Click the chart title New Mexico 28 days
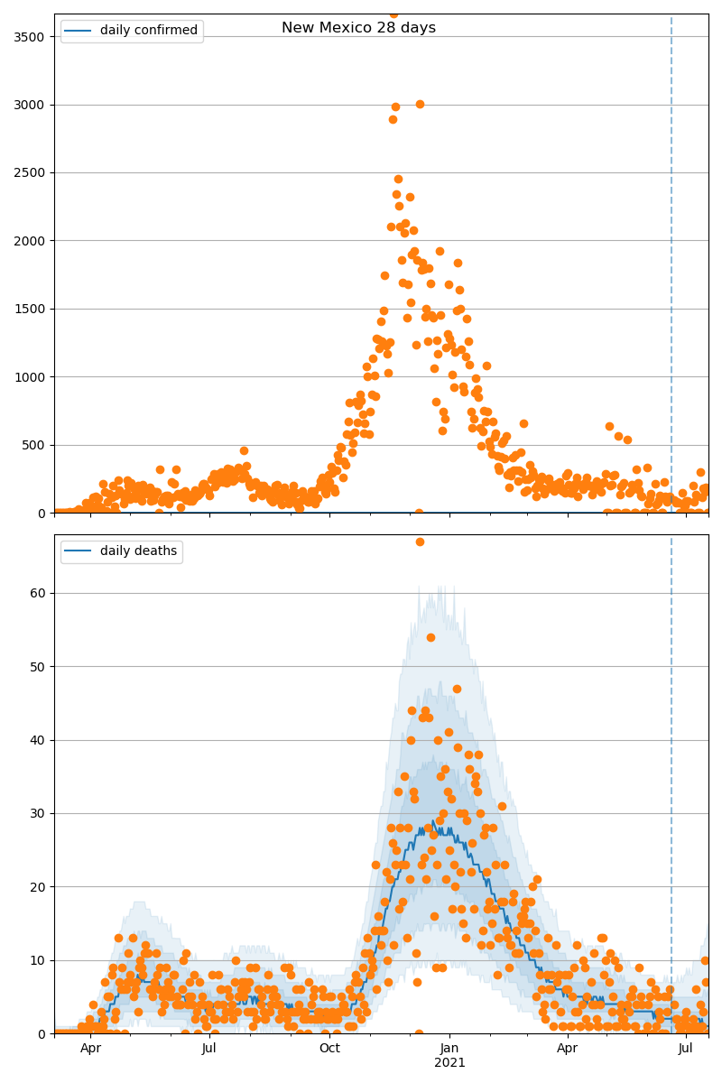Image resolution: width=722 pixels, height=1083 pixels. click(358, 28)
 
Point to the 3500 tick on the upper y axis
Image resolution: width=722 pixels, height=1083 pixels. click(32, 37)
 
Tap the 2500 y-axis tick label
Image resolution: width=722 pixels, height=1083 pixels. click(32, 172)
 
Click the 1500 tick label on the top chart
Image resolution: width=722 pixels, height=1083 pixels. click(32, 309)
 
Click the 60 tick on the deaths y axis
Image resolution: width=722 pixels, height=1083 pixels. click(40, 593)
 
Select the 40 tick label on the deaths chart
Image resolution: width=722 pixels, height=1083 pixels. click(40, 740)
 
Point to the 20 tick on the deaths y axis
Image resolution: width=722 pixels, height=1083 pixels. click(40, 887)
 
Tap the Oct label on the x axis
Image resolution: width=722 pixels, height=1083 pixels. click(329, 1049)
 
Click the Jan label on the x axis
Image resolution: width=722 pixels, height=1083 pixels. click(449, 1049)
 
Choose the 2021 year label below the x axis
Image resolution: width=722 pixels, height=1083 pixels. click(449, 1063)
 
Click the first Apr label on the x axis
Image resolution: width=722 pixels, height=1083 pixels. click(90, 1049)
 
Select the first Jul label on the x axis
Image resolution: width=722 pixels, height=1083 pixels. click(208, 1049)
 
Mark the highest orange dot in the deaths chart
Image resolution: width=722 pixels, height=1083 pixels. click(420, 541)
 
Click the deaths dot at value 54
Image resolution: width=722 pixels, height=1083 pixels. click(430, 637)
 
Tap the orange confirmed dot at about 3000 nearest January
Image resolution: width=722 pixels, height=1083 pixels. click(420, 104)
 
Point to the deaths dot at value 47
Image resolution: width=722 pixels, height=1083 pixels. click(457, 689)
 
